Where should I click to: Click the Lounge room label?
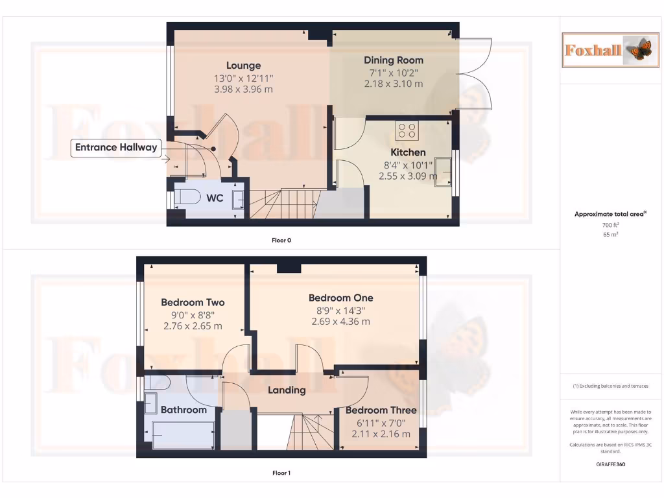[x=243, y=65]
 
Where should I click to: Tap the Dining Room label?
[x=393, y=60]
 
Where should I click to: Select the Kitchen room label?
[x=408, y=152]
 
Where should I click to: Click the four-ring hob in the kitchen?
[x=407, y=130]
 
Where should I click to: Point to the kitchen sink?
[x=444, y=170]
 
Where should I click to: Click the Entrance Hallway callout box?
[x=116, y=148]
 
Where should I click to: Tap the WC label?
[x=215, y=198]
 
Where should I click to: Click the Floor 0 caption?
[x=281, y=241]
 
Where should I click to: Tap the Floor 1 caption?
[x=281, y=473]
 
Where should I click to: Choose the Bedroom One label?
[x=340, y=298]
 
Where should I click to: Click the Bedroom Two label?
[x=193, y=303]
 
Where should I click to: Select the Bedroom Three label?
[x=381, y=410]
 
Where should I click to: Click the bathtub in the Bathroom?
[x=183, y=434]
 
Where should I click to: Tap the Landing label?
[x=287, y=390]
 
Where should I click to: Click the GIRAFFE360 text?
[x=610, y=464]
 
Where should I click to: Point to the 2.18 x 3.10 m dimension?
[x=393, y=84]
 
